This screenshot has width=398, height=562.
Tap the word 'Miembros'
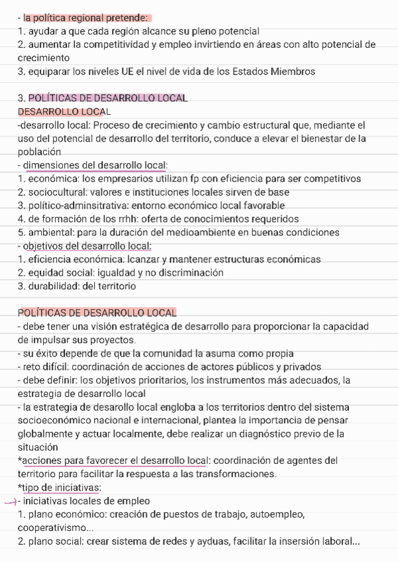pyautogui.click(x=287, y=71)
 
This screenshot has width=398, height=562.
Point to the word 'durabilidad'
pyautogui.click(x=53, y=286)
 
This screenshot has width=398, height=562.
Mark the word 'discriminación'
pyautogui.click(x=189, y=272)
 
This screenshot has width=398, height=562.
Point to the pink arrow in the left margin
pyautogui.click(x=10, y=501)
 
